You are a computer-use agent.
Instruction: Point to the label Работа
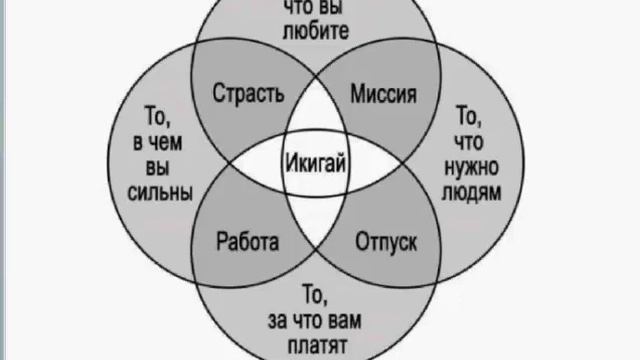click(x=247, y=242)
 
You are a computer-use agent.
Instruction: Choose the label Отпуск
click(x=385, y=242)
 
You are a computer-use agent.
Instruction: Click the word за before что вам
click(x=281, y=320)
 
